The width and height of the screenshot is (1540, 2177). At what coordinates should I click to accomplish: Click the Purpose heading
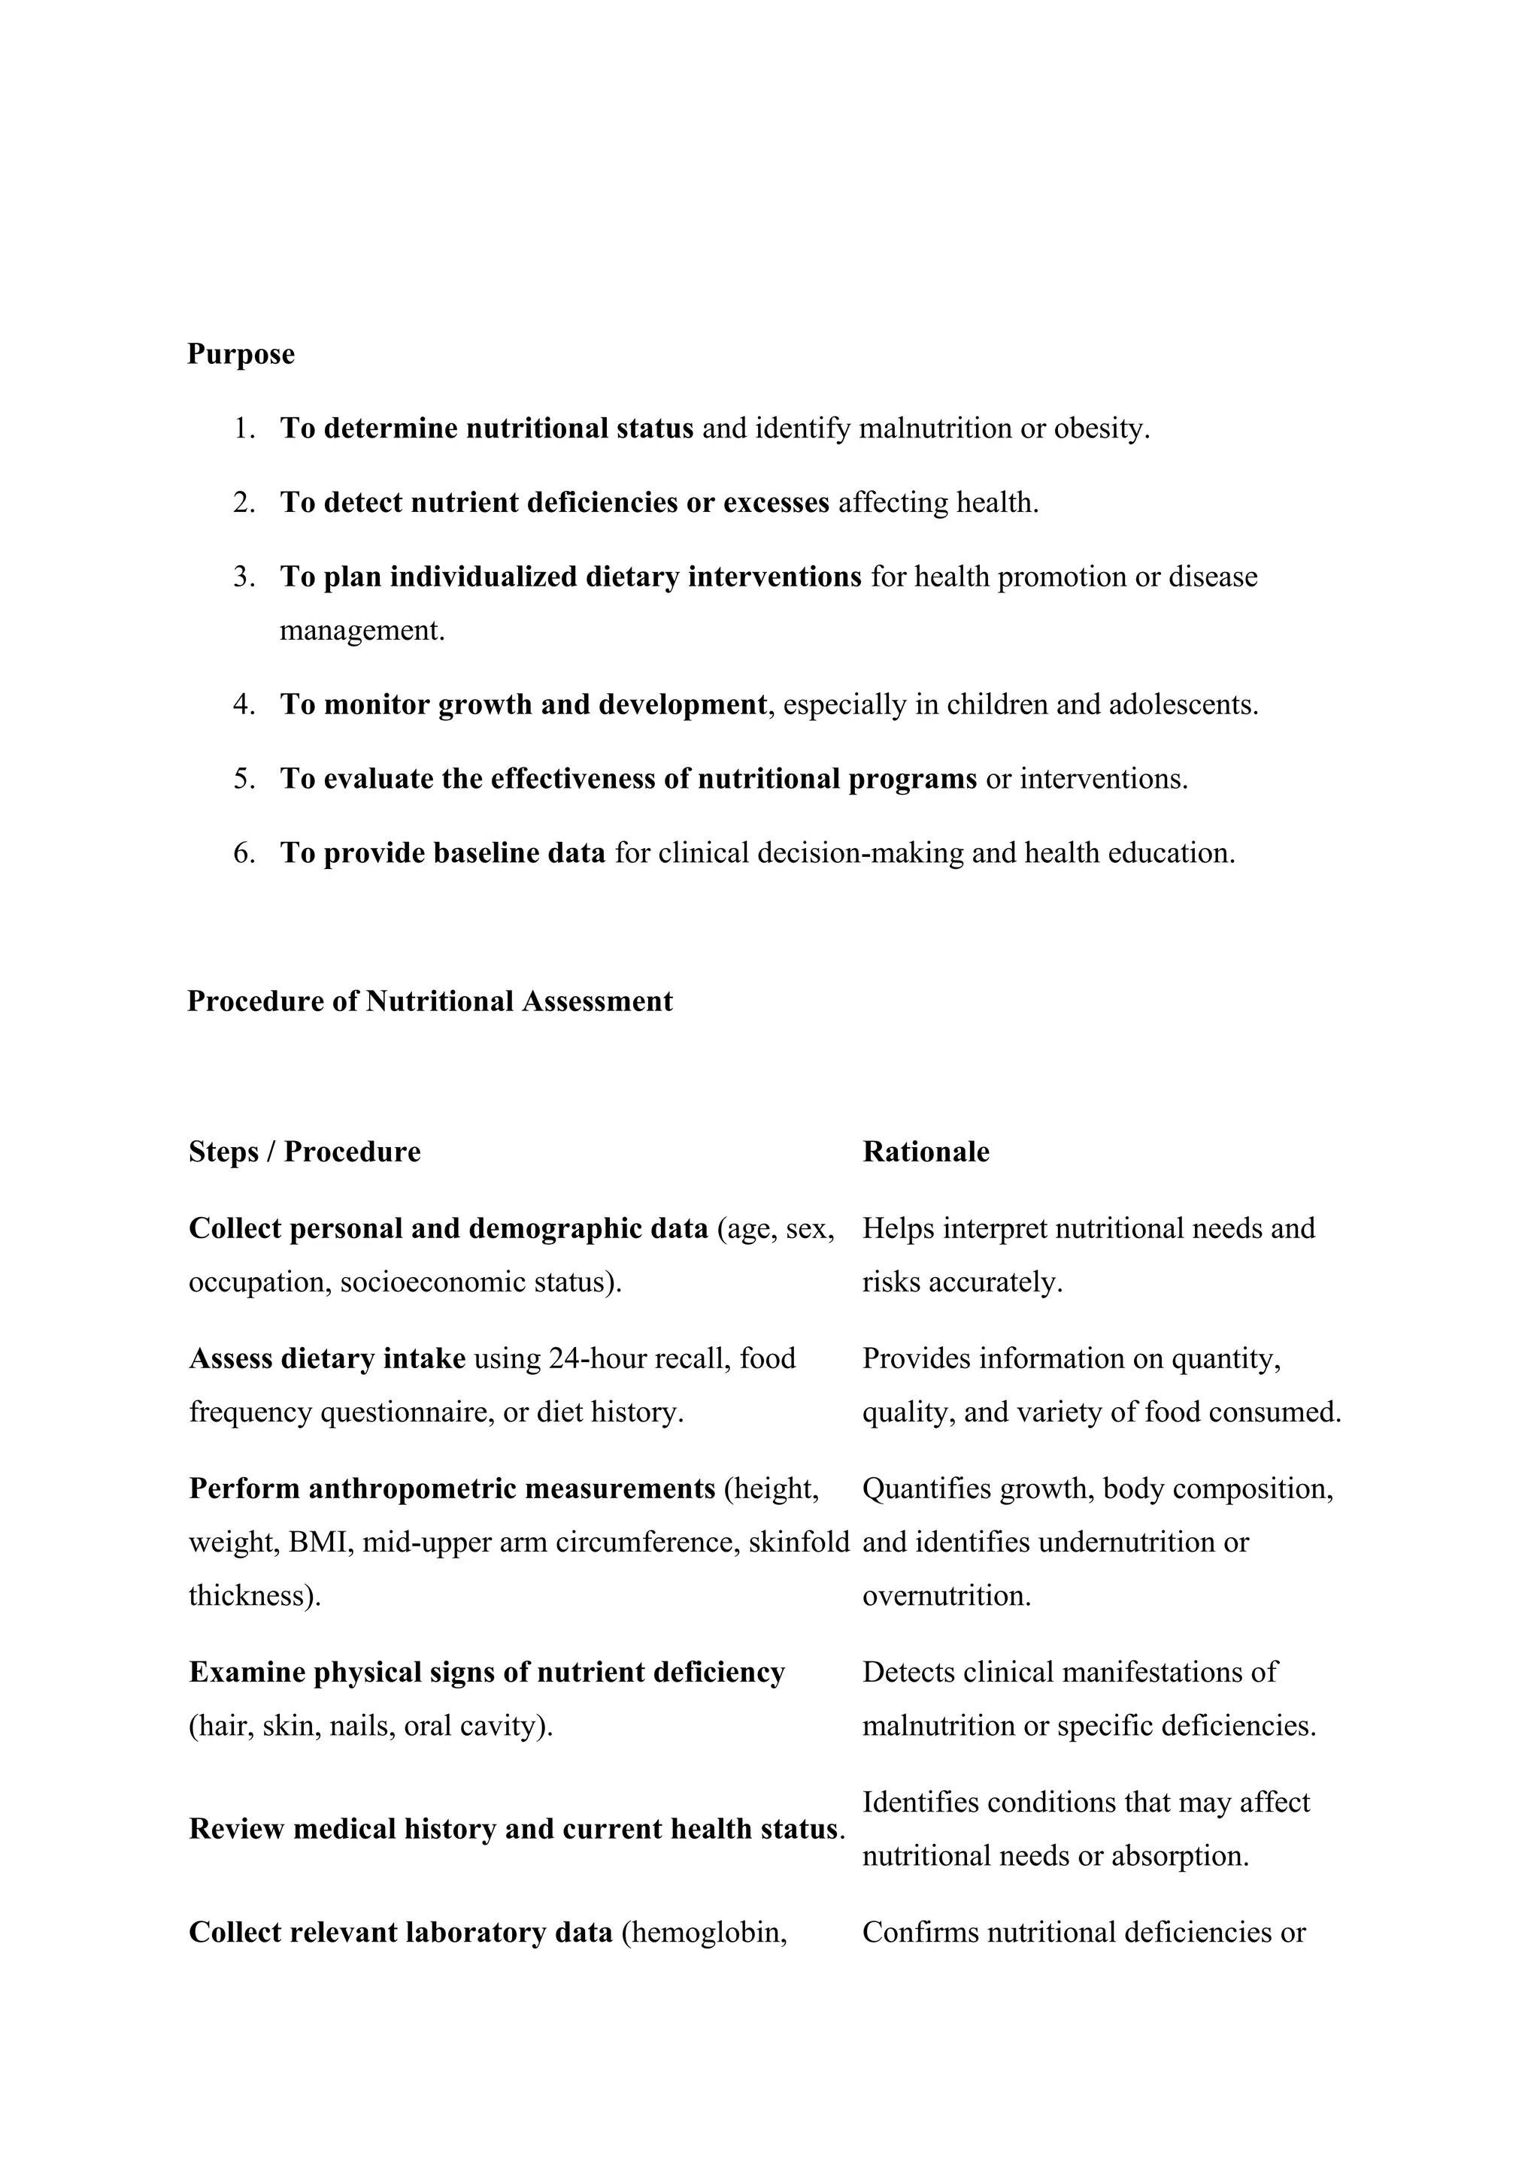241,353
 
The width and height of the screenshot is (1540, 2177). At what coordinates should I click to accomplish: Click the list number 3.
244,577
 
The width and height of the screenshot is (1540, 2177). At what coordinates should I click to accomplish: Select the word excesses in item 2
776,503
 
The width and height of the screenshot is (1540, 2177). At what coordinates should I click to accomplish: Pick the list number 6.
244,853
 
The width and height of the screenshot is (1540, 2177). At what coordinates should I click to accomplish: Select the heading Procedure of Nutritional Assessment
429,1001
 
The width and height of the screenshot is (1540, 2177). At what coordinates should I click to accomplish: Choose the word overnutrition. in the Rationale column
945,1596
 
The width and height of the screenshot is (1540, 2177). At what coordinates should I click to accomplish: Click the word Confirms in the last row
920,1933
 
